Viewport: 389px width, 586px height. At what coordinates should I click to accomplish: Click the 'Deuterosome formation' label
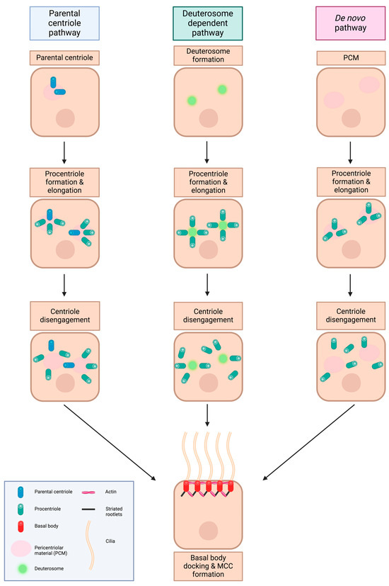207,55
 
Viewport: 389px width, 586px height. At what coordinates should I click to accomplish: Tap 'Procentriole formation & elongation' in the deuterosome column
207,180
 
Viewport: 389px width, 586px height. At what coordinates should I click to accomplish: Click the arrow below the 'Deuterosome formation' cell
207,151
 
